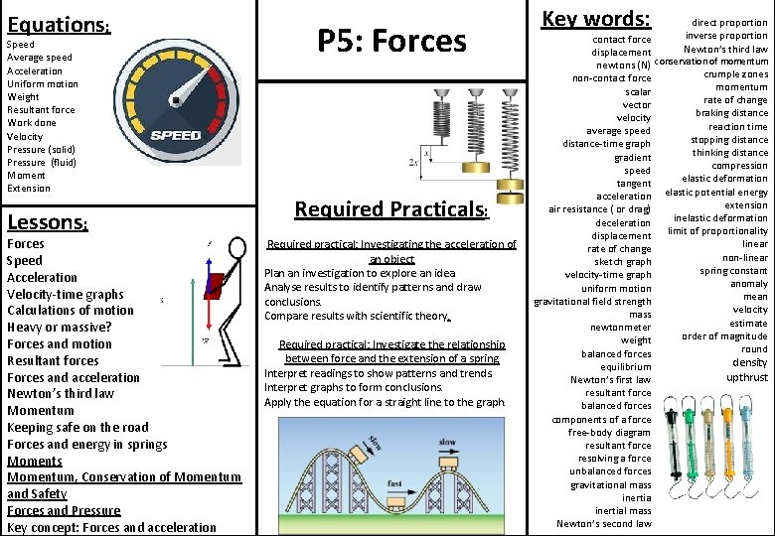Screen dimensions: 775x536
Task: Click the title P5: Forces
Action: (x=391, y=41)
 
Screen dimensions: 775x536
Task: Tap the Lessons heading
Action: (x=48, y=222)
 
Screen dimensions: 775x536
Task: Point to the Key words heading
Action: (x=595, y=19)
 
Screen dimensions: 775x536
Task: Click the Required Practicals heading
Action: (x=391, y=209)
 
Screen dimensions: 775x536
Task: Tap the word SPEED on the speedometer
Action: (x=176, y=135)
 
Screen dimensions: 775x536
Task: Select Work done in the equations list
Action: (x=31, y=123)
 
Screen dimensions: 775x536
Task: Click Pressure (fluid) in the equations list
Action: (x=42, y=162)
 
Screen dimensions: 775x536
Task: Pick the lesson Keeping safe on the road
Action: (x=77, y=427)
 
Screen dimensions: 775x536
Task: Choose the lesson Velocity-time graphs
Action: (x=66, y=294)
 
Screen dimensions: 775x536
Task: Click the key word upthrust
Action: (x=747, y=377)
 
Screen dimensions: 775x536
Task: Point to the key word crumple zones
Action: (x=736, y=74)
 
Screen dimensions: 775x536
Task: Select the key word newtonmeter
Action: (x=621, y=328)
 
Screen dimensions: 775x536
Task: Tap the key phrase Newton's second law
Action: (x=604, y=524)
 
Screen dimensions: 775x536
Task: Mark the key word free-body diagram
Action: (x=609, y=433)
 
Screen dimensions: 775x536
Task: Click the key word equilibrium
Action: (x=624, y=366)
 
